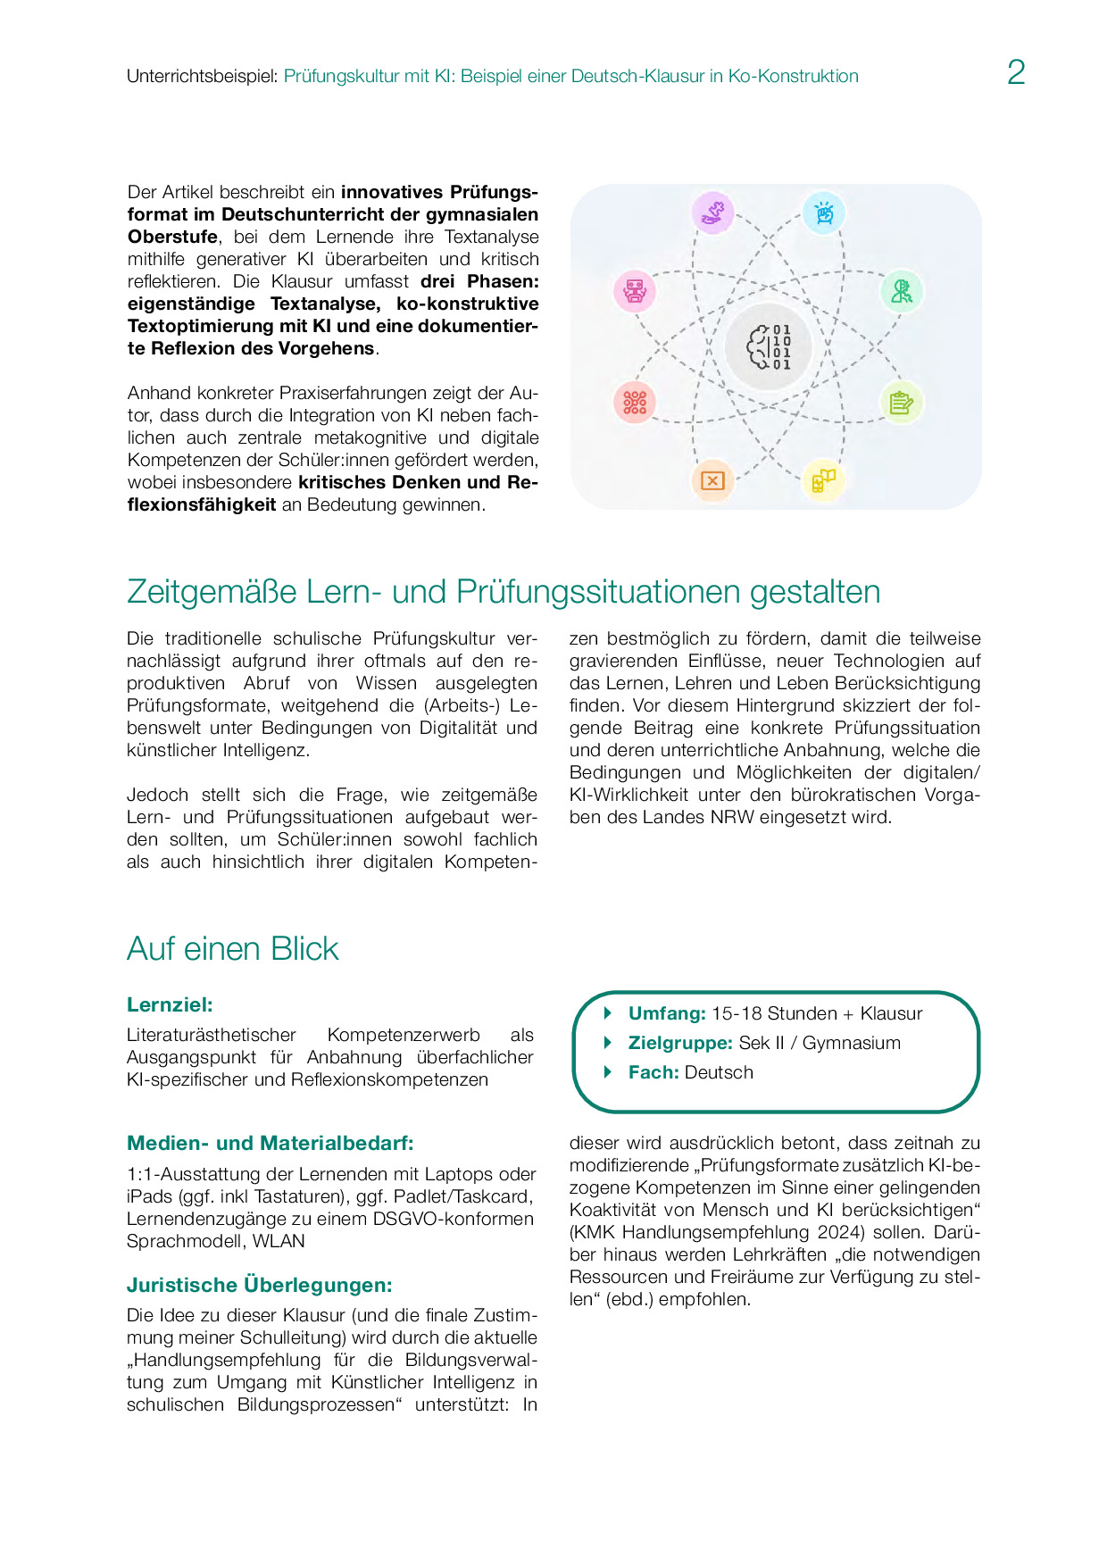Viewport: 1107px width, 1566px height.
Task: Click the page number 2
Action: coord(1016,72)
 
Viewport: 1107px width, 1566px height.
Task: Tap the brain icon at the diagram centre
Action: coord(769,346)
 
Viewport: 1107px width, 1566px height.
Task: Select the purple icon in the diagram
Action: coord(712,213)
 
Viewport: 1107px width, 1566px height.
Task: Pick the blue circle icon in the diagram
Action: coord(823,213)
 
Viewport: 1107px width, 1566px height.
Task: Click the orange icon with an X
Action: coord(712,480)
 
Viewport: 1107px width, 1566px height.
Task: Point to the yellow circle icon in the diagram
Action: coord(823,480)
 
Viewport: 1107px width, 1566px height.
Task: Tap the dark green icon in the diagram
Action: coord(901,291)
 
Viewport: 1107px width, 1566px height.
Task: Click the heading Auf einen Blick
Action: coord(233,948)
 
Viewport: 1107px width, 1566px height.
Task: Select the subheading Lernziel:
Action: coord(170,1004)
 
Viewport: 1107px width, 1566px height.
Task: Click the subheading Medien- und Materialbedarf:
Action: coord(270,1143)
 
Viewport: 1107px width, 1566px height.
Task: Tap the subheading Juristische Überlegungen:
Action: coord(259,1285)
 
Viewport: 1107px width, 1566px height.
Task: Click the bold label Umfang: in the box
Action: coord(667,1013)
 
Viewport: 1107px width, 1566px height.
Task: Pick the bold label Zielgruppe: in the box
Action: coord(680,1043)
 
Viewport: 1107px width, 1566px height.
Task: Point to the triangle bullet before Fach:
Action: coord(608,1072)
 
